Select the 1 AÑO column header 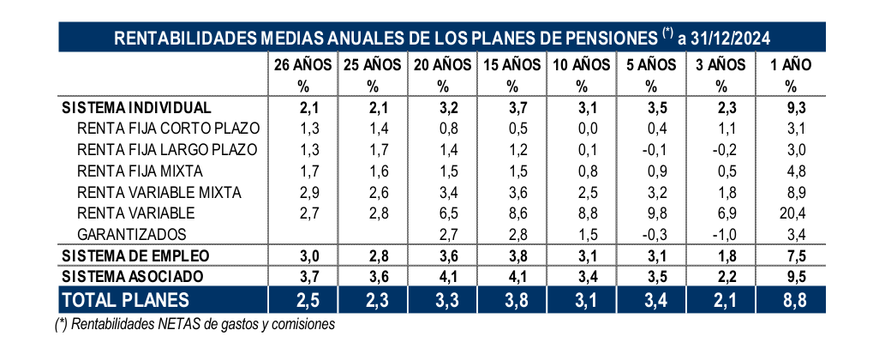[x=790, y=64]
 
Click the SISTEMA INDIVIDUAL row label [x=136, y=108]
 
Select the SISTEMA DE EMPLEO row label [x=136, y=255]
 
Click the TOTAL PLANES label [x=124, y=299]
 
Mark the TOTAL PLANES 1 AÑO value [x=790, y=299]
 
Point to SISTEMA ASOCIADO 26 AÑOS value [x=302, y=276]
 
